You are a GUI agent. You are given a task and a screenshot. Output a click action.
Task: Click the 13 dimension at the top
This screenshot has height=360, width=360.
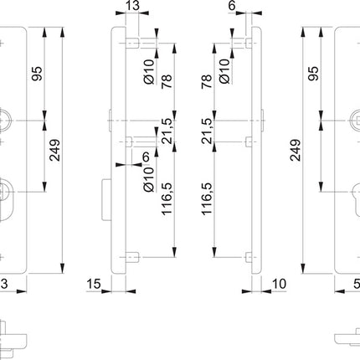click(x=131, y=8)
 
